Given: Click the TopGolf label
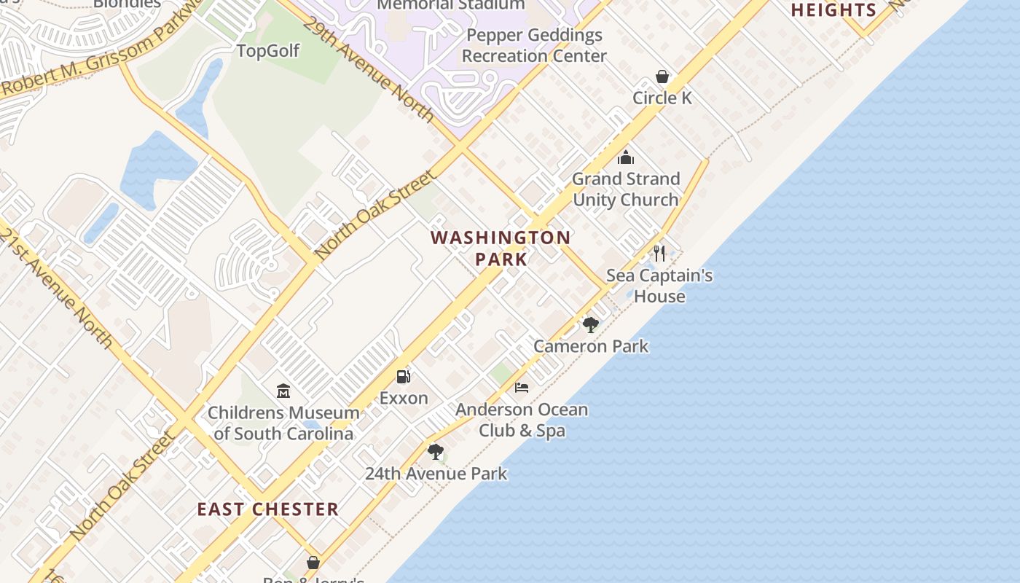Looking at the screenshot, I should coord(268,51).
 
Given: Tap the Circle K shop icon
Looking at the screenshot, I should coord(662,77).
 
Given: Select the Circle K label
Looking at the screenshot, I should coord(662,98).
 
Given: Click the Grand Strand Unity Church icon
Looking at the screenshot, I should coord(626,157).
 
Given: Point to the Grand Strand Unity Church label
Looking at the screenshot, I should coord(626,189).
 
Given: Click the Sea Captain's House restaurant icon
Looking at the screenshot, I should coord(659,254).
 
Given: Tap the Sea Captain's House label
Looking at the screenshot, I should coord(659,286).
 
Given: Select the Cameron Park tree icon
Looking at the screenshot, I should coord(591,324).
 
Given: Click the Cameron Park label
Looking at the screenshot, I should coord(591,346).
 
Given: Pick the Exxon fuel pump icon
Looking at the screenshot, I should coord(404,377).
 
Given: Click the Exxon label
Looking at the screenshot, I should coord(404,399).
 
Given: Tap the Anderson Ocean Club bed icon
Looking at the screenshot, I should coord(522,387).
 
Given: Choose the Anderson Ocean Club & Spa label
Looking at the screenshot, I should coord(522,420).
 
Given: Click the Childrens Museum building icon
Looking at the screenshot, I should coord(283,391).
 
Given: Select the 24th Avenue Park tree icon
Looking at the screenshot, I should coord(436,452).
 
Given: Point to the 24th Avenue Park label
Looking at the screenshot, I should coord(436,474).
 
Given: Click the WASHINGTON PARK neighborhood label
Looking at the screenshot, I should coord(501,248).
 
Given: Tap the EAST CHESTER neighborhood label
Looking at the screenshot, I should coord(268,509).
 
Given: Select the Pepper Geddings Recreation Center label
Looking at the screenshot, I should coord(534,45).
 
